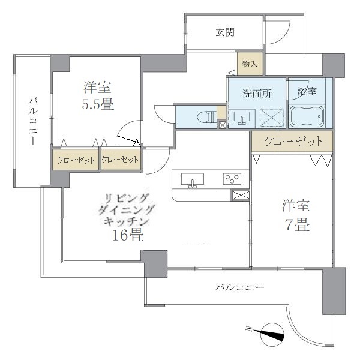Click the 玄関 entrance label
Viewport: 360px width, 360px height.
(225, 32)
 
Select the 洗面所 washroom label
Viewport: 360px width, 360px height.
(257, 94)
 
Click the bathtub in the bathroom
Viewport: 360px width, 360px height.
(307, 116)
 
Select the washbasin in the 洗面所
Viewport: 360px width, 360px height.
(243, 117)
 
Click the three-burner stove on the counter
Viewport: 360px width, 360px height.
(232, 178)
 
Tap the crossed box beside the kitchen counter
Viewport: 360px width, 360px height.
(239, 195)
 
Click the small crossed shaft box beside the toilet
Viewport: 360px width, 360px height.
(223, 125)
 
